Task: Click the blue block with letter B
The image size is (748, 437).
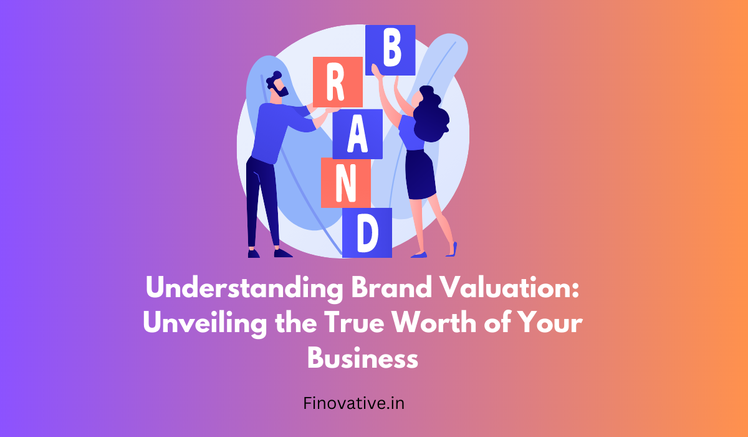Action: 390,50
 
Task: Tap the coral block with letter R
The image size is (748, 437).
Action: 338,82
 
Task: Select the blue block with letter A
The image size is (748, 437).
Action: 357,134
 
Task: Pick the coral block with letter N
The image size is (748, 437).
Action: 345,183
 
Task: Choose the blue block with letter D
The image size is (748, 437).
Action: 367,233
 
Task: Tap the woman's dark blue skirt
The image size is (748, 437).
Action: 420,175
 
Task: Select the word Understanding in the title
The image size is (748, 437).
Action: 244,289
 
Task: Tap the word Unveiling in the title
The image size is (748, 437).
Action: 205,323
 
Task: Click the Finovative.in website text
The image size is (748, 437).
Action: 353,403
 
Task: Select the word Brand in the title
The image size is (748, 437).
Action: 391,288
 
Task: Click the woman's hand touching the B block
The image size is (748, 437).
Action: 376,71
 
